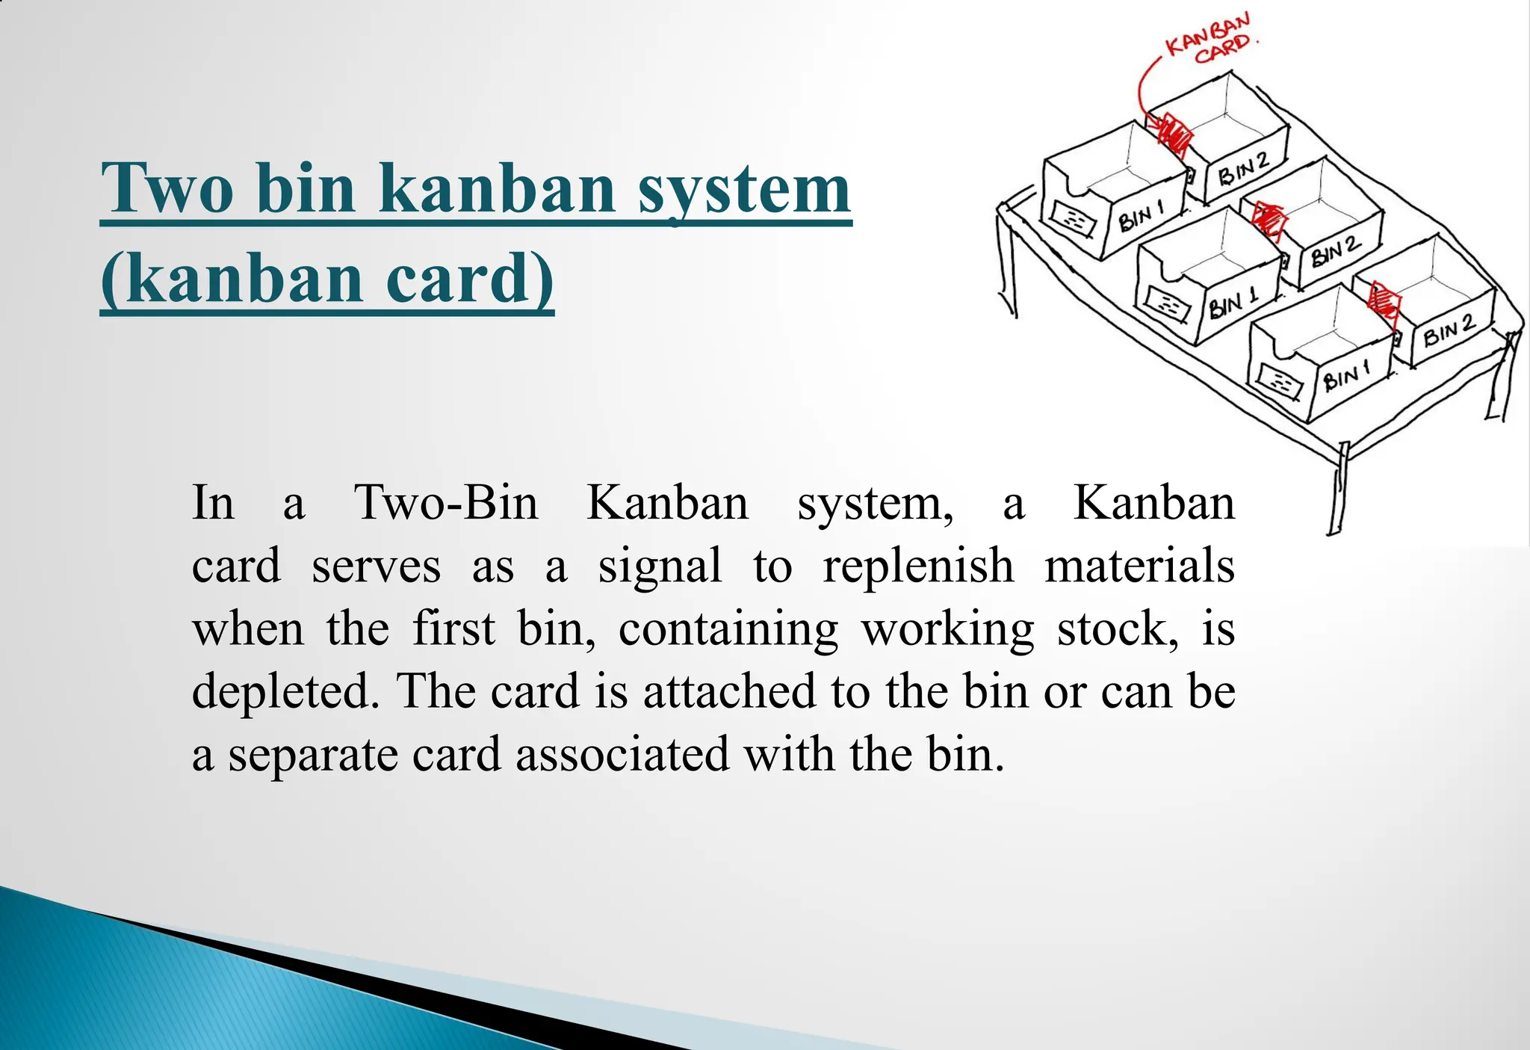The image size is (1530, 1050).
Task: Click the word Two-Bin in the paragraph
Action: pyautogui.click(x=446, y=502)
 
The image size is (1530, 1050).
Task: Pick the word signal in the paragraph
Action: pyautogui.click(x=660, y=566)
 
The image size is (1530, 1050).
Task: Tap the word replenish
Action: pyautogui.click(x=918, y=566)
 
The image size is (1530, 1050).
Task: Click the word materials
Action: pyautogui.click(x=1139, y=566)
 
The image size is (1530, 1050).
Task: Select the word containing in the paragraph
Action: pyautogui.click(x=728, y=629)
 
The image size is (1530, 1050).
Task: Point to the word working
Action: pyautogui.click(x=948, y=629)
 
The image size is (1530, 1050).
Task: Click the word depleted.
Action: pyautogui.click(x=281, y=692)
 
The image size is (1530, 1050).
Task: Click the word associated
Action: pyautogui.click(x=622, y=755)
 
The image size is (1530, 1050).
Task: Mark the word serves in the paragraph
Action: pyautogui.click(x=376, y=566)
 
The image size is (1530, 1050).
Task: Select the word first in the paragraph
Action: pyautogui.click(x=453, y=629)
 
